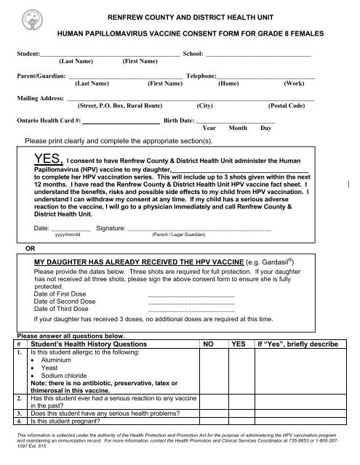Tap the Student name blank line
point(110,54)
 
